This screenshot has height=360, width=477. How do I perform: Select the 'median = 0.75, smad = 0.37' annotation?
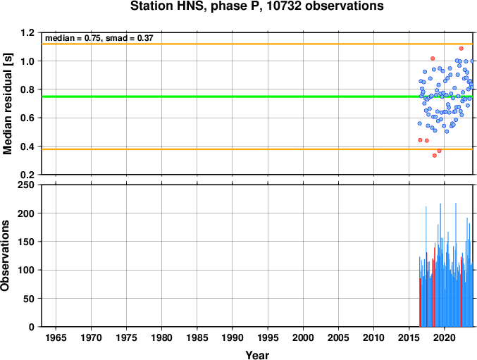[99, 38]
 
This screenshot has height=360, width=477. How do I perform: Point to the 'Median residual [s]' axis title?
[8, 104]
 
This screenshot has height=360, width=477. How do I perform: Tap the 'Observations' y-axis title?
[5, 256]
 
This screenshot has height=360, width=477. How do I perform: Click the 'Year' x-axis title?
[257, 355]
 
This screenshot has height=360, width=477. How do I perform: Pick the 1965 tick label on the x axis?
[56, 337]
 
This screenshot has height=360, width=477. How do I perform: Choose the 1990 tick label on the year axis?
[233, 337]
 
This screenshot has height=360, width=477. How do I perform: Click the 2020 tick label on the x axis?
[445, 337]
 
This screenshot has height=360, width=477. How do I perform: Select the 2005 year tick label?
[338, 337]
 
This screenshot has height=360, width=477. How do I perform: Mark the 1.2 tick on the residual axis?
[27, 32]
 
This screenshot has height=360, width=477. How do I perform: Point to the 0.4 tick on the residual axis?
[27, 147]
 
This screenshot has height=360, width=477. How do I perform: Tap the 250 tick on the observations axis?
[26, 185]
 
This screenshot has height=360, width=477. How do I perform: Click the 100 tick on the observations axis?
[26, 270]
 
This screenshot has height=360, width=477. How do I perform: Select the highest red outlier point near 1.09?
[461, 49]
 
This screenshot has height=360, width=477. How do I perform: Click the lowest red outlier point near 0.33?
[435, 156]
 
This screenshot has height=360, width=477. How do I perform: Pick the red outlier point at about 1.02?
[433, 58]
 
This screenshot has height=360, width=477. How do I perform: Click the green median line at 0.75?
[257, 97]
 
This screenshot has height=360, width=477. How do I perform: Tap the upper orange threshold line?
[257, 44]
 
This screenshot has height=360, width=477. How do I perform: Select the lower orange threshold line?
[257, 149]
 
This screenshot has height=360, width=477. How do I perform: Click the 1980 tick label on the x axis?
[161, 337]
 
